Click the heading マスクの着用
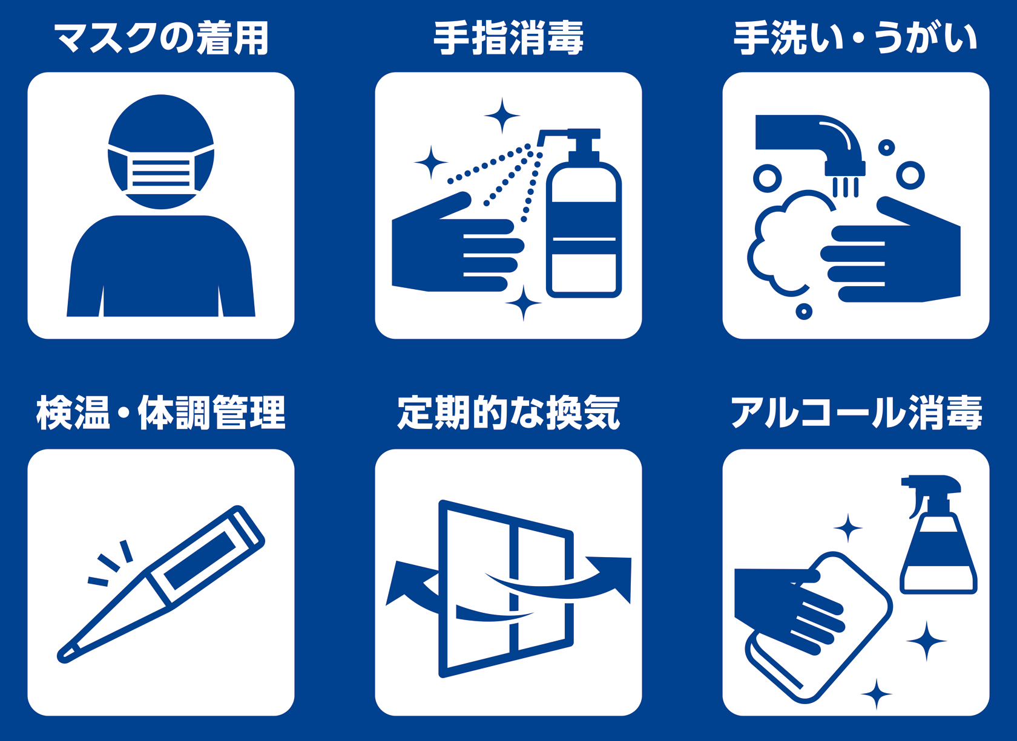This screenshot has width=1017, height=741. tap(161, 38)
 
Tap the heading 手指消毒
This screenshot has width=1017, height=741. tap(508, 38)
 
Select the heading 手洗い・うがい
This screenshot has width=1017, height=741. tap(856, 38)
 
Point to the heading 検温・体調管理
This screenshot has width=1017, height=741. tap(161, 413)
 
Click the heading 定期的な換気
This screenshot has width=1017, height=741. tap(508, 413)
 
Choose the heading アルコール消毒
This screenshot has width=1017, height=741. tap(856, 413)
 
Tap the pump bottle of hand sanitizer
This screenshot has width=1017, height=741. tap(584, 214)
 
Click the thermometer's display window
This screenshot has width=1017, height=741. tap(200, 560)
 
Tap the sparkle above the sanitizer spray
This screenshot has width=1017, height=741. tap(502, 116)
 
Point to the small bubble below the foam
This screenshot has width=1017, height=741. tap(804, 312)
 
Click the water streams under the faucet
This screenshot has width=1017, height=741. tap(845, 187)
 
